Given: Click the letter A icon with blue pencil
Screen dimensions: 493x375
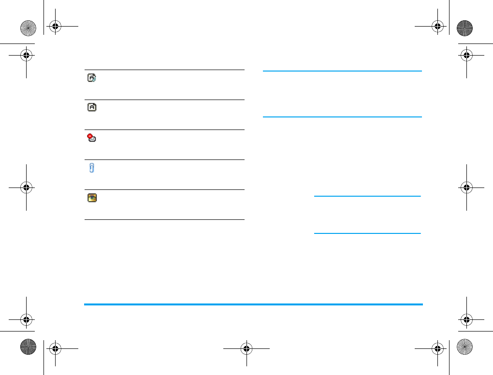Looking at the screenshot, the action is tap(92, 77).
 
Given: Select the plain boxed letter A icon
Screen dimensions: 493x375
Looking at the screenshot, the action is tap(92, 107).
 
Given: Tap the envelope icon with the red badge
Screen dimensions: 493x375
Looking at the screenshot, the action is tap(92, 138).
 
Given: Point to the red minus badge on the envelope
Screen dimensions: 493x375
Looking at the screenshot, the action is tap(89, 136).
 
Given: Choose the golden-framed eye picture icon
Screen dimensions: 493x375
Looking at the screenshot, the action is tap(92, 198).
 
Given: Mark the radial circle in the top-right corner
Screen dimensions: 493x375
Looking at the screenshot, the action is tap(464, 28).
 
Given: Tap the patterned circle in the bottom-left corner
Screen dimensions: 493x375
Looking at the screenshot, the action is tap(28, 346).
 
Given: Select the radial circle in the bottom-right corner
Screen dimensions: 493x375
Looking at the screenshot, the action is tap(464, 346).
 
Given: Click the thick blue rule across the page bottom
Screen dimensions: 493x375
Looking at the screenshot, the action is tap(253, 304).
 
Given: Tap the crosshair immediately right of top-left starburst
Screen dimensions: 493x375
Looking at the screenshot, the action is tap(56, 27).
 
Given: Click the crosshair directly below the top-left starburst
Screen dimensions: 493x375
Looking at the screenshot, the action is tap(27, 56).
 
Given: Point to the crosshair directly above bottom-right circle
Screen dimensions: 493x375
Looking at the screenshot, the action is tap(466, 319).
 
